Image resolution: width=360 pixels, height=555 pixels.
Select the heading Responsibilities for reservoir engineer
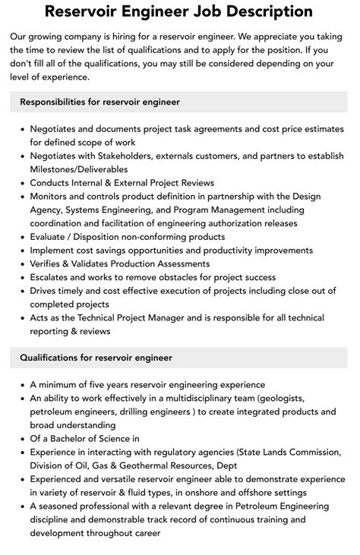tap(99, 101)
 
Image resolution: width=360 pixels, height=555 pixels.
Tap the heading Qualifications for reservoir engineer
tap(96, 357)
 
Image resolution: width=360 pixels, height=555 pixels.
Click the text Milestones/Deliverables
tap(79, 169)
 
